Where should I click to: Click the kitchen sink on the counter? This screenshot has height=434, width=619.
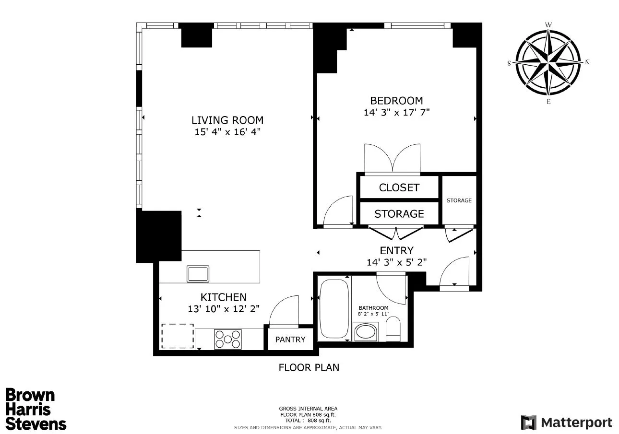pos(198,274)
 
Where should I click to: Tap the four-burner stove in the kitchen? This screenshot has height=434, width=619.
pos(227,339)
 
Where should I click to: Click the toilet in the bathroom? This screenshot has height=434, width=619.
pos(393,331)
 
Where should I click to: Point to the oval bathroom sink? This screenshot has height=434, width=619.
pos(366,332)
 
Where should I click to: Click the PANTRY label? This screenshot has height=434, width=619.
pos(290,340)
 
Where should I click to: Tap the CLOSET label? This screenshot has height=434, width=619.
pos(399,188)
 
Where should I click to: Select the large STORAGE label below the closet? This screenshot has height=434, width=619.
pos(399,214)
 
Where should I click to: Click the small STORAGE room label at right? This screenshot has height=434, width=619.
pos(459,200)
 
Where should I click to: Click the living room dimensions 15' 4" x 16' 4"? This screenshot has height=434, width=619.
pos(227,132)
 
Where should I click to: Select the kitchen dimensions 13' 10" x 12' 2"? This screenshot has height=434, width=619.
pos(224,309)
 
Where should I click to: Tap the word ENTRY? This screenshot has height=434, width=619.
pos(396,250)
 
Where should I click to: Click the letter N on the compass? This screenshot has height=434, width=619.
pos(587,62)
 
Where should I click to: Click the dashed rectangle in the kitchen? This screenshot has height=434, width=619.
pos(178,336)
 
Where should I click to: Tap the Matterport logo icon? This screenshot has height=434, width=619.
pos(528,422)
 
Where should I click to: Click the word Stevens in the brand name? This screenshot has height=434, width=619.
pos(36,423)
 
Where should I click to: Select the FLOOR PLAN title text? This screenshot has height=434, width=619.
pos(309,368)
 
